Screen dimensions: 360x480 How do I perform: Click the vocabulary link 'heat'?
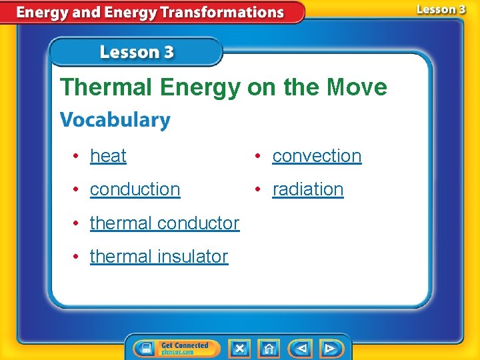click(x=108, y=156)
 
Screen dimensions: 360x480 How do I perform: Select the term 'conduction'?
click(x=135, y=189)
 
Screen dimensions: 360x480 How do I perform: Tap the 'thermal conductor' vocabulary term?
click(x=164, y=223)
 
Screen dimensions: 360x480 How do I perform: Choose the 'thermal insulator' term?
click(x=159, y=256)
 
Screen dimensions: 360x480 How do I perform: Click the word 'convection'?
click(x=317, y=156)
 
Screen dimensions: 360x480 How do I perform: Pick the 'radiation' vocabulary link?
click(x=308, y=189)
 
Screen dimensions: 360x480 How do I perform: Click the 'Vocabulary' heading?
click(x=115, y=121)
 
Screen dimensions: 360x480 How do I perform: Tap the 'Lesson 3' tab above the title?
click(x=137, y=52)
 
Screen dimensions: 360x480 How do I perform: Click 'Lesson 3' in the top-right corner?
click(x=441, y=9)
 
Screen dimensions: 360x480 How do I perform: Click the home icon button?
click(x=269, y=348)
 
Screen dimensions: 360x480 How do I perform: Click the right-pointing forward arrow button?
click(x=330, y=348)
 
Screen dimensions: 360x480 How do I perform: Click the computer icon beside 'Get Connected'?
click(x=146, y=348)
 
